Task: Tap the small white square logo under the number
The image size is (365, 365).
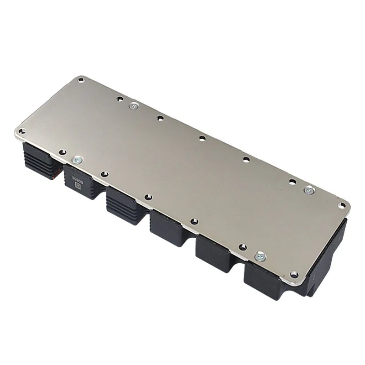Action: click(x=77, y=185)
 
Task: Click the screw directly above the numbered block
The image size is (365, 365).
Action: click(x=77, y=160)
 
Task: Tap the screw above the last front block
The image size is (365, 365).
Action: click(x=261, y=256)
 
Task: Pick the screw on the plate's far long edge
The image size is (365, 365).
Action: click(x=133, y=105)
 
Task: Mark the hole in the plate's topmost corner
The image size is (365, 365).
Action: click(x=80, y=80)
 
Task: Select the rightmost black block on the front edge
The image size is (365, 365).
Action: click(x=265, y=278)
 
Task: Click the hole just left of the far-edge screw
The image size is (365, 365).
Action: click(x=120, y=99)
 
